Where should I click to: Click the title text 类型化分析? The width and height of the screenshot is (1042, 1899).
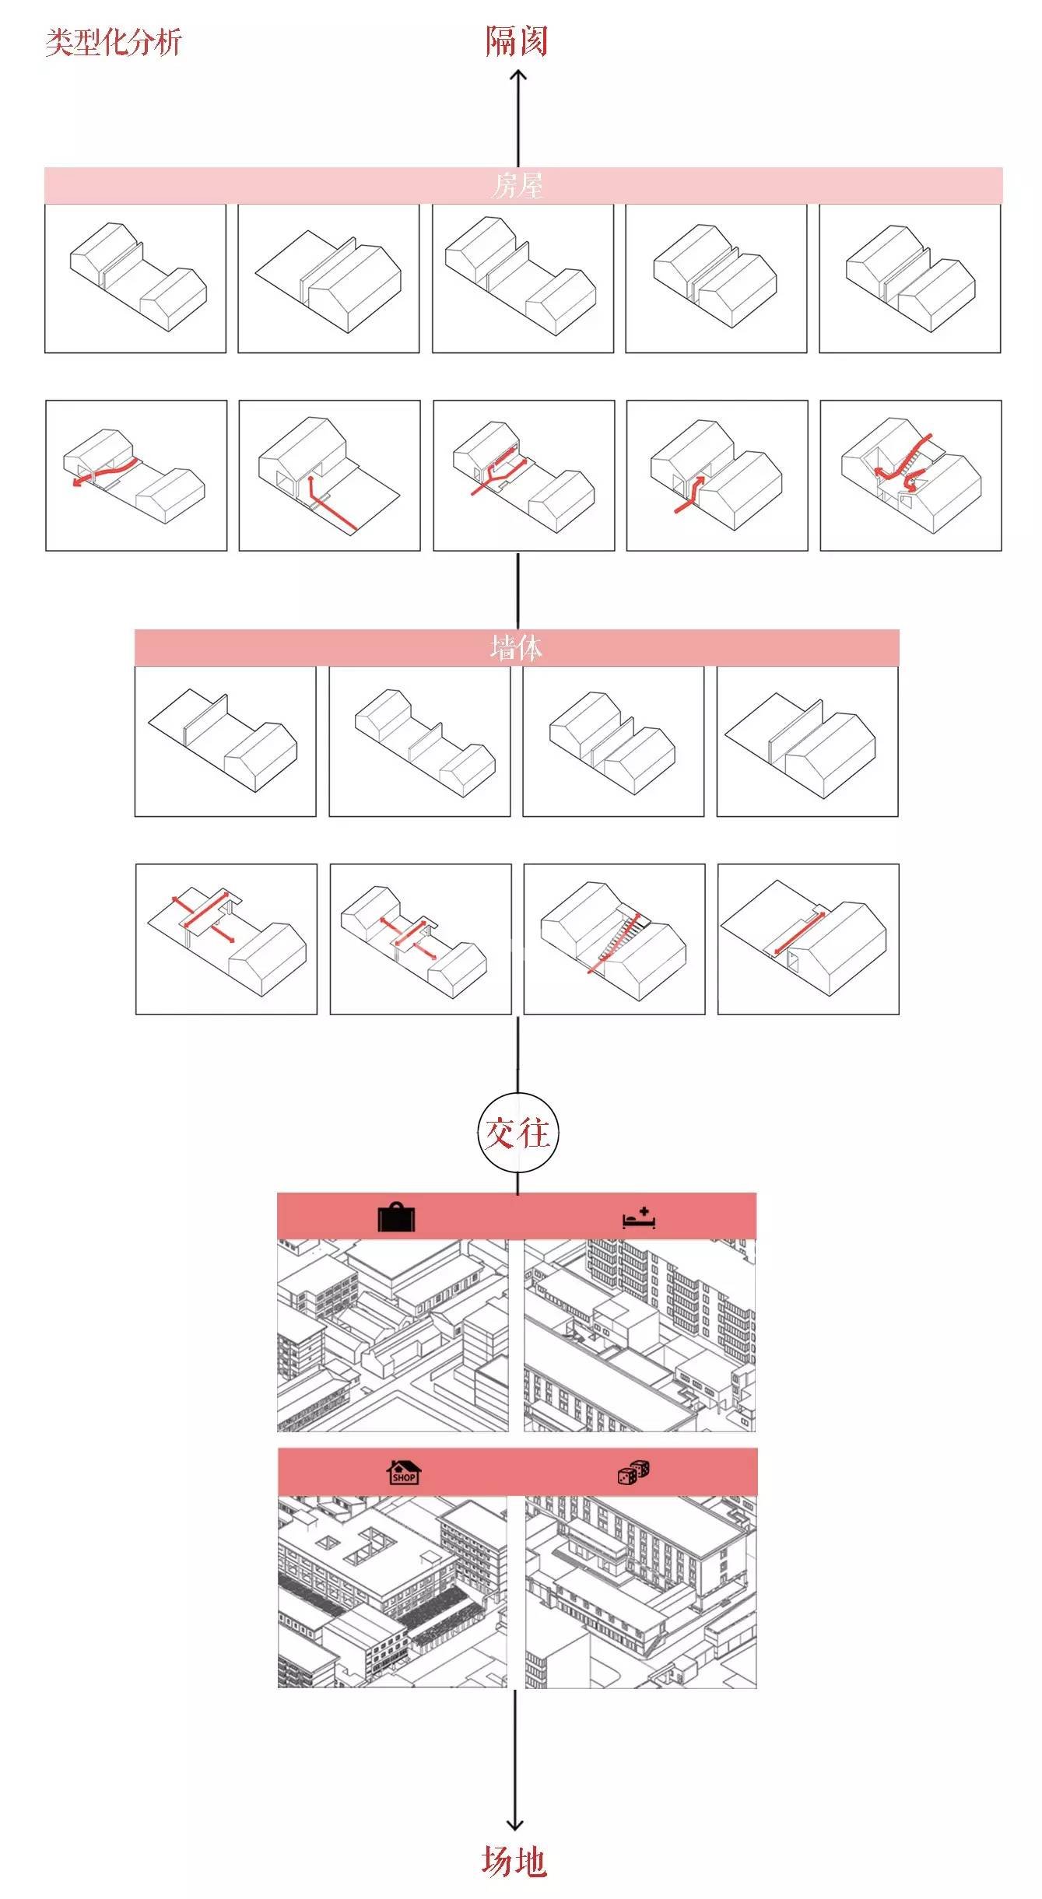(x=113, y=42)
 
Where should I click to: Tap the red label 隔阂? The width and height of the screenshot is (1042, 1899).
(x=517, y=41)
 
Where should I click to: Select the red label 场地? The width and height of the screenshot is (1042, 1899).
(x=514, y=1862)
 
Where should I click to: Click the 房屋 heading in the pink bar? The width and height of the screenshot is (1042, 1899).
(x=517, y=186)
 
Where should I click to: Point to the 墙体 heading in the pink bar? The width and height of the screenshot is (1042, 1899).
(x=516, y=647)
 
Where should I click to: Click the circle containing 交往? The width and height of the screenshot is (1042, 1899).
(x=517, y=1133)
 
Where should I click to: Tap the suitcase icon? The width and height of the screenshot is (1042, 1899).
(x=397, y=1218)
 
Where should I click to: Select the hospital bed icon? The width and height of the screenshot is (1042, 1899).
(x=639, y=1218)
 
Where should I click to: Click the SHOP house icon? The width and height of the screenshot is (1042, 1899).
(x=404, y=1472)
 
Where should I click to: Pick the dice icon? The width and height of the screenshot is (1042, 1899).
(x=633, y=1472)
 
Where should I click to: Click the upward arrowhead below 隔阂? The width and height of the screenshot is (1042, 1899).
(x=518, y=75)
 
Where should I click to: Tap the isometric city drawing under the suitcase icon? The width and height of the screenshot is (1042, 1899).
(x=393, y=1336)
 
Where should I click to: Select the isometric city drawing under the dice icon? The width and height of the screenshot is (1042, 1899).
(x=640, y=1591)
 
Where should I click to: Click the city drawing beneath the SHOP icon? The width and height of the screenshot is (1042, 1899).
(x=392, y=1591)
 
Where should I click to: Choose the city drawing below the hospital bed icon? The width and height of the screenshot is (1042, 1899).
(x=640, y=1336)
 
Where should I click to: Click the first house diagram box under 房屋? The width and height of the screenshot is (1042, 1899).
(x=135, y=279)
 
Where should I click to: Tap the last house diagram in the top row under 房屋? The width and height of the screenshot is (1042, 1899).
(x=910, y=279)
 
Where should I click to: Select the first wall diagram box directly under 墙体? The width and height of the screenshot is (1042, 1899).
(x=226, y=741)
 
